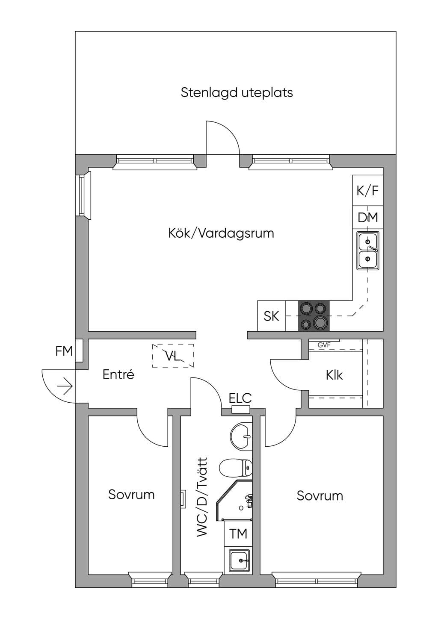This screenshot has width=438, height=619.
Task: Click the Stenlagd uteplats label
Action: (x=237, y=93)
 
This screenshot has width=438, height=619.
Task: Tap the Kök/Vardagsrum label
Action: (x=221, y=233)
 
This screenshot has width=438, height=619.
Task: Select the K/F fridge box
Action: (x=367, y=190)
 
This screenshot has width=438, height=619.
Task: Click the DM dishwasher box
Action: (x=367, y=218)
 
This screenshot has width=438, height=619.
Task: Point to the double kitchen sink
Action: (x=367, y=251)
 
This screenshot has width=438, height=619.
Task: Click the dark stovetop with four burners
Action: (x=314, y=315)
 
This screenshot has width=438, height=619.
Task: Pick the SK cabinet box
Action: (x=271, y=315)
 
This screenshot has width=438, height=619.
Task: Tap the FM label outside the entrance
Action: (x=64, y=351)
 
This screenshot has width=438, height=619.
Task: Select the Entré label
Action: (x=118, y=375)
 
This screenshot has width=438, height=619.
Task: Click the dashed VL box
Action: (x=172, y=355)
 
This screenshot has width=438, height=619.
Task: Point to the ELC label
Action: (x=240, y=398)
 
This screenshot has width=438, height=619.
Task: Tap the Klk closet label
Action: (x=334, y=375)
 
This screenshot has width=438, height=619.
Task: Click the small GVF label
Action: (x=324, y=345)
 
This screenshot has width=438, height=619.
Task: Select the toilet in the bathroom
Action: (x=236, y=468)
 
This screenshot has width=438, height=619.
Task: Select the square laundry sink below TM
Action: (x=240, y=560)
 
